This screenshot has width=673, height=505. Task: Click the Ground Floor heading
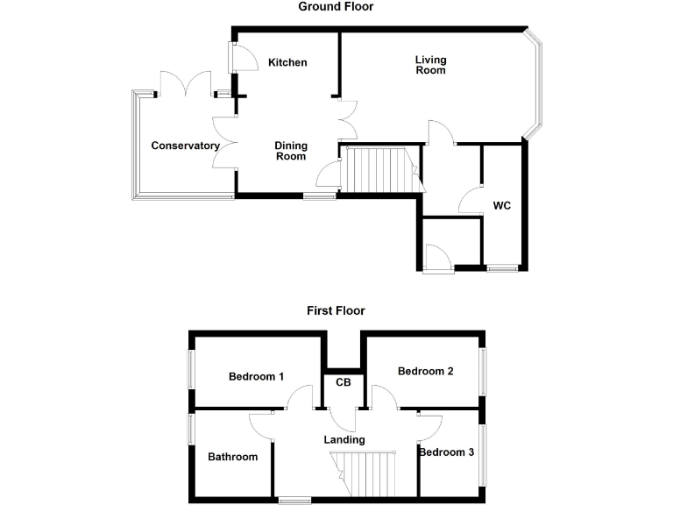336,7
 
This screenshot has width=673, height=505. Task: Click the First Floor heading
336,310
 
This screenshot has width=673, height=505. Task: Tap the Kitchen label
287,62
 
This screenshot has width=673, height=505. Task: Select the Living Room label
430,65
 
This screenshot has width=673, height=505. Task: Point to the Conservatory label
185,146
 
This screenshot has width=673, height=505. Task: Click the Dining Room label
291,151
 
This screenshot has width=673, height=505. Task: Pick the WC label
501,206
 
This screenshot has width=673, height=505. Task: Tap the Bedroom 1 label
256,377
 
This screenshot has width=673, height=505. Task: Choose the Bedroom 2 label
425,371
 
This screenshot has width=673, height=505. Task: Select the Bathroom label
232,457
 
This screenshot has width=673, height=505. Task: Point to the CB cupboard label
344,383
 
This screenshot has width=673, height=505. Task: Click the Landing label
344,439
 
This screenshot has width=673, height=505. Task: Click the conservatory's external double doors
185,86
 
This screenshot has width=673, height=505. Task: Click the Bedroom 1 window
191,368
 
